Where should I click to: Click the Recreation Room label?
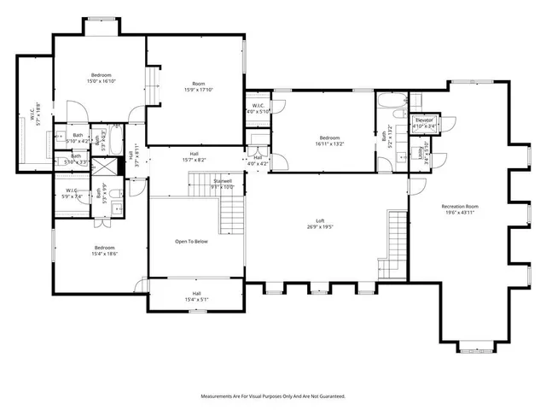click(x=459, y=209)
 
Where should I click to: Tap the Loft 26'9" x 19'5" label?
click(x=319, y=225)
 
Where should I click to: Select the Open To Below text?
click(x=193, y=242)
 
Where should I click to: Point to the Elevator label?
click(x=425, y=123)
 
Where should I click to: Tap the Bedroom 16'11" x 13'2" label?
click(x=329, y=141)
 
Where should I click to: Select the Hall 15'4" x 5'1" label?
click(x=196, y=296)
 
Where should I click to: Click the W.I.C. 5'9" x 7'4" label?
click(x=72, y=193)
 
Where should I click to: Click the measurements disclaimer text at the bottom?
click(x=273, y=396)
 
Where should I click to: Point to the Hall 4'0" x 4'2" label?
click(x=258, y=160)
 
